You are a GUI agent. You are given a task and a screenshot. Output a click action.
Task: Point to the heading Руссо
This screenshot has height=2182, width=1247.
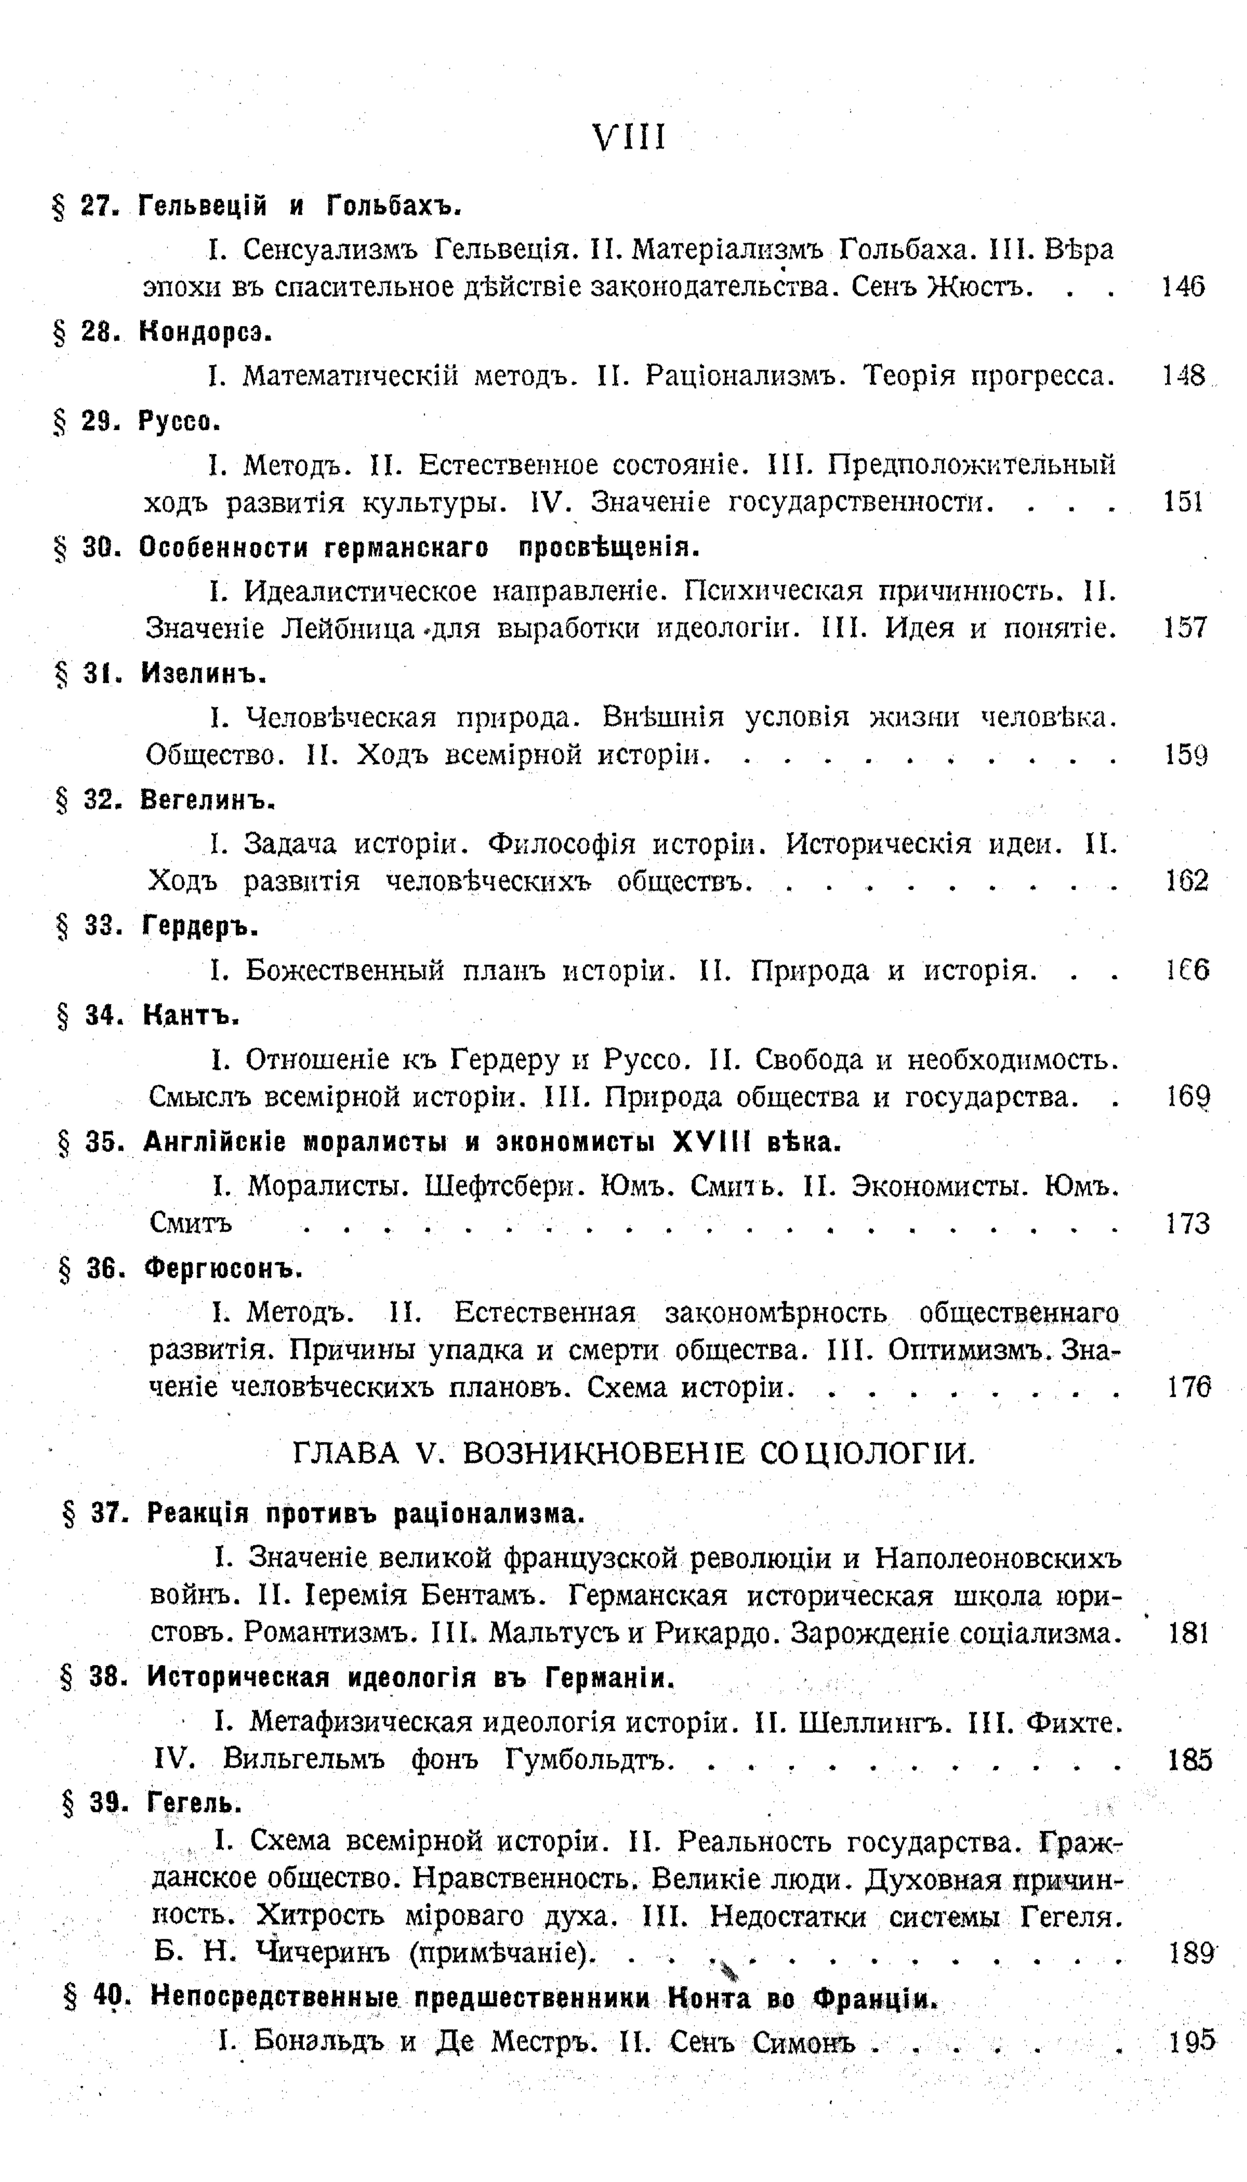[x=180, y=421]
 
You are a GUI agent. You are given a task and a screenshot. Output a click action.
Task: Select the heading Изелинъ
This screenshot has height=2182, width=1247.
[x=204, y=674]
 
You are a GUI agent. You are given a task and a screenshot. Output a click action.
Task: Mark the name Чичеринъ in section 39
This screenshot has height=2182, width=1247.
[x=323, y=1955]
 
